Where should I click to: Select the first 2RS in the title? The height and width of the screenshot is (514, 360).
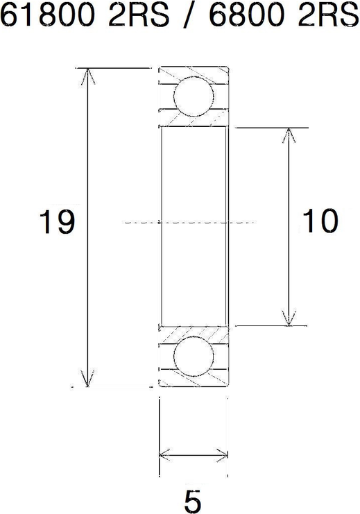pyautogui.click(x=138, y=14)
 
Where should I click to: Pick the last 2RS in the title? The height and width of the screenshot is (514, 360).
pyautogui.click(x=328, y=14)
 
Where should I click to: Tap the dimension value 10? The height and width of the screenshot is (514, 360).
pyautogui.click(x=320, y=221)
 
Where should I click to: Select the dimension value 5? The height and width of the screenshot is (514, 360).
pyautogui.click(x=193, y=502)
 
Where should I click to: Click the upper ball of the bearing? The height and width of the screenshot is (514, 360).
pyautogui.click(x=194, y=96)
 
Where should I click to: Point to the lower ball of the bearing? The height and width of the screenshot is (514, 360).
pyautogui.click(x=194, y=357)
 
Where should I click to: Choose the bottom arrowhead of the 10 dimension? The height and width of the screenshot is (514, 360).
pyautogui.click(x=289, y=318)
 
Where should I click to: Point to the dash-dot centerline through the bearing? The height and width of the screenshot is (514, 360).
pyautogui.click(x=189, y=223)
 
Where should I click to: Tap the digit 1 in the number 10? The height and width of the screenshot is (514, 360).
pyautogui.click(x=309, y=221)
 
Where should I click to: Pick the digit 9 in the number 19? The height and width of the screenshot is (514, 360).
pyautogui.click(x=67, y=221)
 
